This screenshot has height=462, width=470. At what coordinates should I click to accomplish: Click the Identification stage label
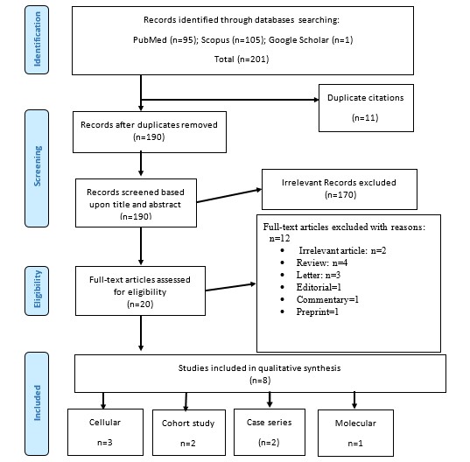[37, 39]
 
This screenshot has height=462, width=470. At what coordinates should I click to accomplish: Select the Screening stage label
[37, 168]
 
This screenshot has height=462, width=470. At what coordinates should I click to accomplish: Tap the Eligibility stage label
[37, 290]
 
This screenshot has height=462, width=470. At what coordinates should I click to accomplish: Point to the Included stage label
[37, 403]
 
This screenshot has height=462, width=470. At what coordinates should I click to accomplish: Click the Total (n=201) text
[242, 59]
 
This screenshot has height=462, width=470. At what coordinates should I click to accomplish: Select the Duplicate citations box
[366, 108]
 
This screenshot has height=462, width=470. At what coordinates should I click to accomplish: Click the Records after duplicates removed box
[150, 132]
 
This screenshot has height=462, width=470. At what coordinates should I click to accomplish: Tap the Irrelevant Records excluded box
[340, 189]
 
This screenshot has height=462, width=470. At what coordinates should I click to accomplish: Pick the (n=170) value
[340, 195]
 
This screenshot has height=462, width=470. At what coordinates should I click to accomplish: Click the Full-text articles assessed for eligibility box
[140, 290]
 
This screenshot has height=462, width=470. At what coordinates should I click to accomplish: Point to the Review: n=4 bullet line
[321, 262]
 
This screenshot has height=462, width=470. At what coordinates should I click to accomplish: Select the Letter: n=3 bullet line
[318, 275]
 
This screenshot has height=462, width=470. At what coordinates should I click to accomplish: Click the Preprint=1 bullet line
[317, 311]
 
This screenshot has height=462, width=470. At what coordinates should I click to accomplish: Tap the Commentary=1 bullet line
[327, 299]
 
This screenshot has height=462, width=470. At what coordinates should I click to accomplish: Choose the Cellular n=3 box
[105, 432]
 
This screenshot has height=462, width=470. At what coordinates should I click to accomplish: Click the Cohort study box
[189, 432]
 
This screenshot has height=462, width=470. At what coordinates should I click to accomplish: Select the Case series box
[270, 432]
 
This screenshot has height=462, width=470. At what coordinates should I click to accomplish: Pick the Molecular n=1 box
[355, 433]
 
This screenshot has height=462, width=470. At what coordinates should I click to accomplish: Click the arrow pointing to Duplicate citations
[230, 100]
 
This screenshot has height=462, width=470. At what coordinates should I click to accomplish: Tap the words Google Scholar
[298, 40]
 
